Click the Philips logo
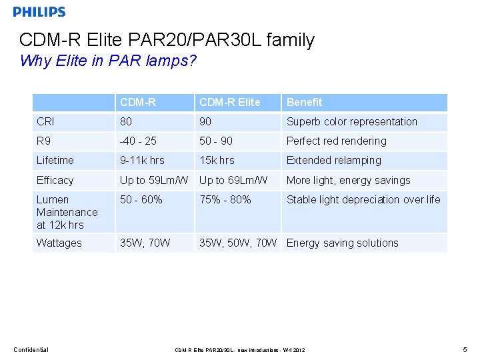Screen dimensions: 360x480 (39, 11)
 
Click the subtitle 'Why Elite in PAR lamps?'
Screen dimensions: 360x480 (108, 61)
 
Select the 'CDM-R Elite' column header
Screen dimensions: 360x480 (229, 102)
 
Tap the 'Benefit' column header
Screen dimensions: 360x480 (304, 102)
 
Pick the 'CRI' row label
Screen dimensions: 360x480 (45, 121)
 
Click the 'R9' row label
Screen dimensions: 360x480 (44, 141)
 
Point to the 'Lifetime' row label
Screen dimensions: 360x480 (55, 160)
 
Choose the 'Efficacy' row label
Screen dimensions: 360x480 (55, 180)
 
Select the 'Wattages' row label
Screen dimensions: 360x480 (59, 243)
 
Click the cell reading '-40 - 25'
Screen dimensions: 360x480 (138, 141)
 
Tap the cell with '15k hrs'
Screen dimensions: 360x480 (217, 160)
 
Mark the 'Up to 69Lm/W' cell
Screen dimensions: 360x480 (233, 180)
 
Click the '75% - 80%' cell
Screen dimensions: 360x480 (225, 199)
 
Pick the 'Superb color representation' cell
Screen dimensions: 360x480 (351, 121)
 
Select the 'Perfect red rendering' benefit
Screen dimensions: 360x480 (336, 141)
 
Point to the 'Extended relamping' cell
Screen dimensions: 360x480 (333, 160)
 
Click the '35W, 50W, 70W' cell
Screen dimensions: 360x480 (238, 243)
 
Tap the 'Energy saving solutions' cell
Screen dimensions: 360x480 (342, 243)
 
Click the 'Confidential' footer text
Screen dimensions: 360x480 (31, 349)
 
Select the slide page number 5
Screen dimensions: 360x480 (464, 349)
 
